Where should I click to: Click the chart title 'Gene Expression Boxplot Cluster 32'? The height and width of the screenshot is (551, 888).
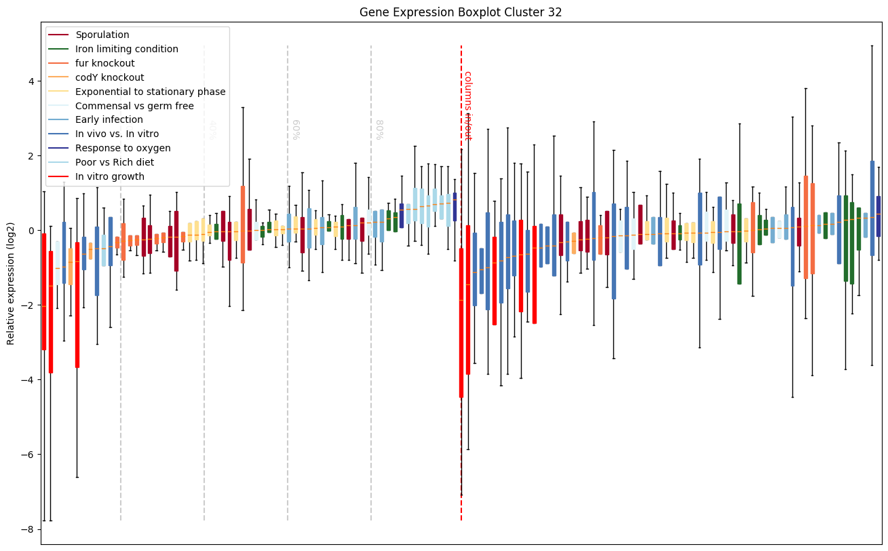click(x=461, y=12)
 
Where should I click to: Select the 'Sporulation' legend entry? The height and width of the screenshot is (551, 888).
click(x=102, y=35)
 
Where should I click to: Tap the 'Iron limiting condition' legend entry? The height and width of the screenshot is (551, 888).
click(x=127, y=49)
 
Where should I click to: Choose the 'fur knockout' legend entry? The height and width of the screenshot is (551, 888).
click(x=105, y=63)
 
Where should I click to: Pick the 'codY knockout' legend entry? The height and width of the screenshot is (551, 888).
click(x=110, y=77)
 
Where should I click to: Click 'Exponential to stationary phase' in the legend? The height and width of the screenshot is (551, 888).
click(x=151, y=92)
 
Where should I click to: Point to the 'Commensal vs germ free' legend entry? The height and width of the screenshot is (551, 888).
click(x=134, y=106)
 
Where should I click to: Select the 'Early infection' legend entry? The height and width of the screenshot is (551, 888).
click(x=109, y=120)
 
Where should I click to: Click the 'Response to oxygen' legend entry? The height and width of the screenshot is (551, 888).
click(x=123, y=148)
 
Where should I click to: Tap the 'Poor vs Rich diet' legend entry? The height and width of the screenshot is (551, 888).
click(x=115, y=162)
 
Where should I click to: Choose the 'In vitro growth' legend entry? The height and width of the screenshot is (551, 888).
click(x=110, y=176)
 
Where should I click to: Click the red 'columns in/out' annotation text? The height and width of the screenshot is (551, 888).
click(x=467, y=105)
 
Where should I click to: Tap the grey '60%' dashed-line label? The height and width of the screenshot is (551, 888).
click(x=295, y=129)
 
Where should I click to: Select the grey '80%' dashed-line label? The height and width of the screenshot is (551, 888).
click(x=379, y=129)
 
